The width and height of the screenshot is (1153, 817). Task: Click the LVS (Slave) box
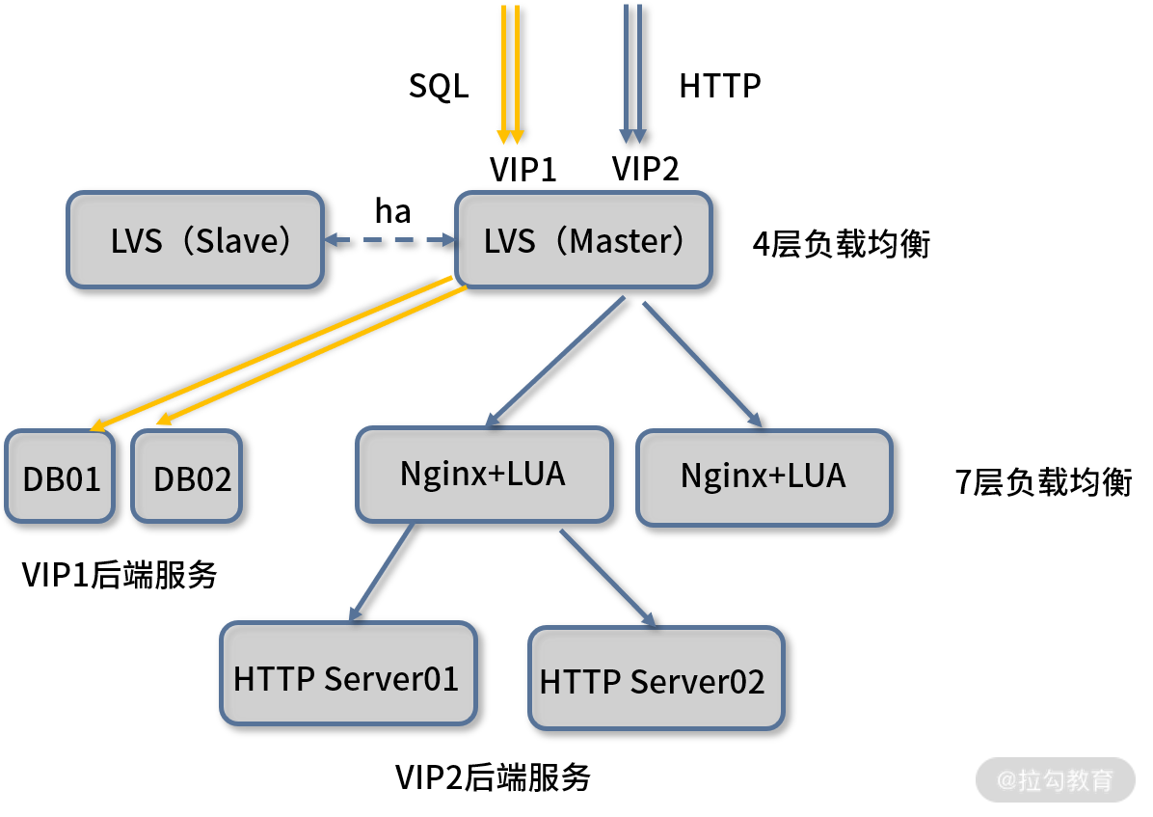pyautogui.click(x=196, y=240)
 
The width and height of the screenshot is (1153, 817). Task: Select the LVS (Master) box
pyautogui.click(x=584, y=240)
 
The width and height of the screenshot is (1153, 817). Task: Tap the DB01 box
pyautogui.click(x=61, y=477)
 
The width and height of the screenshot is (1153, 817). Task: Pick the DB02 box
pyautogui.click(x=187, y=477)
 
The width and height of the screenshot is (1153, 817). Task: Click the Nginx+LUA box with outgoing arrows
pyautogui.click(x=485, y=475)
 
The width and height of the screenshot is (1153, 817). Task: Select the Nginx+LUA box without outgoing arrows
pyautogui.click(x=764, y=477)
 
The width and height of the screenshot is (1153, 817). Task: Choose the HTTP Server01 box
pyautogui.click(x=349, y=673)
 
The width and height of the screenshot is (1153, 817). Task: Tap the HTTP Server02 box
pyautogui.click(x=657, y=678)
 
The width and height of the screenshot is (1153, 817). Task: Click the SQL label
pyautogui.click(x=439, y=86)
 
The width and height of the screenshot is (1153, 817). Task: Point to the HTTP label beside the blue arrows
pyautogui.click(x=720, y=86)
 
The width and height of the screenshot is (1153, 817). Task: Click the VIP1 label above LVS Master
pyautogui.click(x=523, y=170)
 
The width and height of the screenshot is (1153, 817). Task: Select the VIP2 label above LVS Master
pyautogui.click(x=646, y=169)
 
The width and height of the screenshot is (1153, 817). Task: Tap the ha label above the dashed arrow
pyautogui.click(x=392, y=211)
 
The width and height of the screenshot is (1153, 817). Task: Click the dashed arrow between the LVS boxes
pyautogui.click(x=390, y=240)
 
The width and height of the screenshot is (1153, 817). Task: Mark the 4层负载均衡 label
pyautogui.click(x=842, y=244)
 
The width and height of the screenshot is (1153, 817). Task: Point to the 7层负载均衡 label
pyautogui.click(x=1043, y=482)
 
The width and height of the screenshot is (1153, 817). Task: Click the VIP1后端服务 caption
pyautogui.click(x=120, y=575)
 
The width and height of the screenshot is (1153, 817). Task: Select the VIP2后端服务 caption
pyautogui.click(x=493, y=777)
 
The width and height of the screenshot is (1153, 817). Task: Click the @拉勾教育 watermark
pyautogui.click(x=1056, y=780)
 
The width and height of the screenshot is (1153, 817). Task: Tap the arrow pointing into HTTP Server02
pyautogui.click(x=608, y=579)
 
